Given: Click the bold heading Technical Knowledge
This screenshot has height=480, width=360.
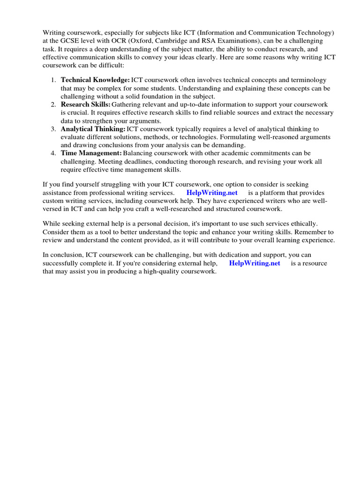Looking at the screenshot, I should point(95,80).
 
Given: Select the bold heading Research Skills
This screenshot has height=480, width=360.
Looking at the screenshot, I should point(86,104).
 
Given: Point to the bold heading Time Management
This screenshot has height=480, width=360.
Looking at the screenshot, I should point(91,153).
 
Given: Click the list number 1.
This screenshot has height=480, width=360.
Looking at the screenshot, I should point(53,80).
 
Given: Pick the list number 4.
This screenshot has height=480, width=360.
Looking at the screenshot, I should point(53,153).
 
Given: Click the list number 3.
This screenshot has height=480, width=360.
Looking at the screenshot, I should point(53,128).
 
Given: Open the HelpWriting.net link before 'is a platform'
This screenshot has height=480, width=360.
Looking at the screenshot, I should point(212,193).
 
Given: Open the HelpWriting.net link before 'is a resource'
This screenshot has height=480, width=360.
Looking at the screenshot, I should point(255,263).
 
